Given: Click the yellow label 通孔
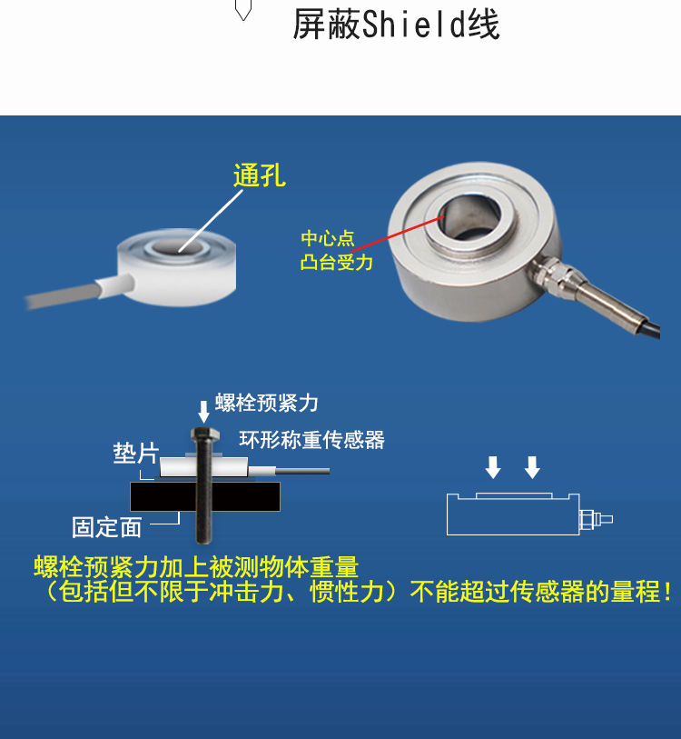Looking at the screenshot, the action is pos(260,175).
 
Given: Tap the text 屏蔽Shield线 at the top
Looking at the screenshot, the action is pos(396,25).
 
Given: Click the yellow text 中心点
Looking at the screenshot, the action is pos(328,238).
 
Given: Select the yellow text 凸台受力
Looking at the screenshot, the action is pos(336,262).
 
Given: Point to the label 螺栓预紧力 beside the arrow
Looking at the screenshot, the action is pos(267,403).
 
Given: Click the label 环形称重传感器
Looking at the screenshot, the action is pos(311,440).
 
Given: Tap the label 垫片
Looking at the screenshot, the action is pos(135,454).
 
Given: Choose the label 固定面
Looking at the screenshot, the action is pos(107,527).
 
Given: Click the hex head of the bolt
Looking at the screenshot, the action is pos(205,434).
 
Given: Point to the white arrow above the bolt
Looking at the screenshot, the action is pos(203,412).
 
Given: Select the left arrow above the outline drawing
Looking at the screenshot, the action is pos(493,467).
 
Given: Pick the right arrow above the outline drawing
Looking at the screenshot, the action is pos(532,467).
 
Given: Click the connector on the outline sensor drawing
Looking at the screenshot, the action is pos(596,519).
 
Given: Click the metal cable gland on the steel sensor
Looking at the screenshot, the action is pos(551,275).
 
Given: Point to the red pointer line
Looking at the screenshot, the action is pos(398,234).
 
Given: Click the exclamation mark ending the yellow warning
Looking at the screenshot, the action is pos(667,592).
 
